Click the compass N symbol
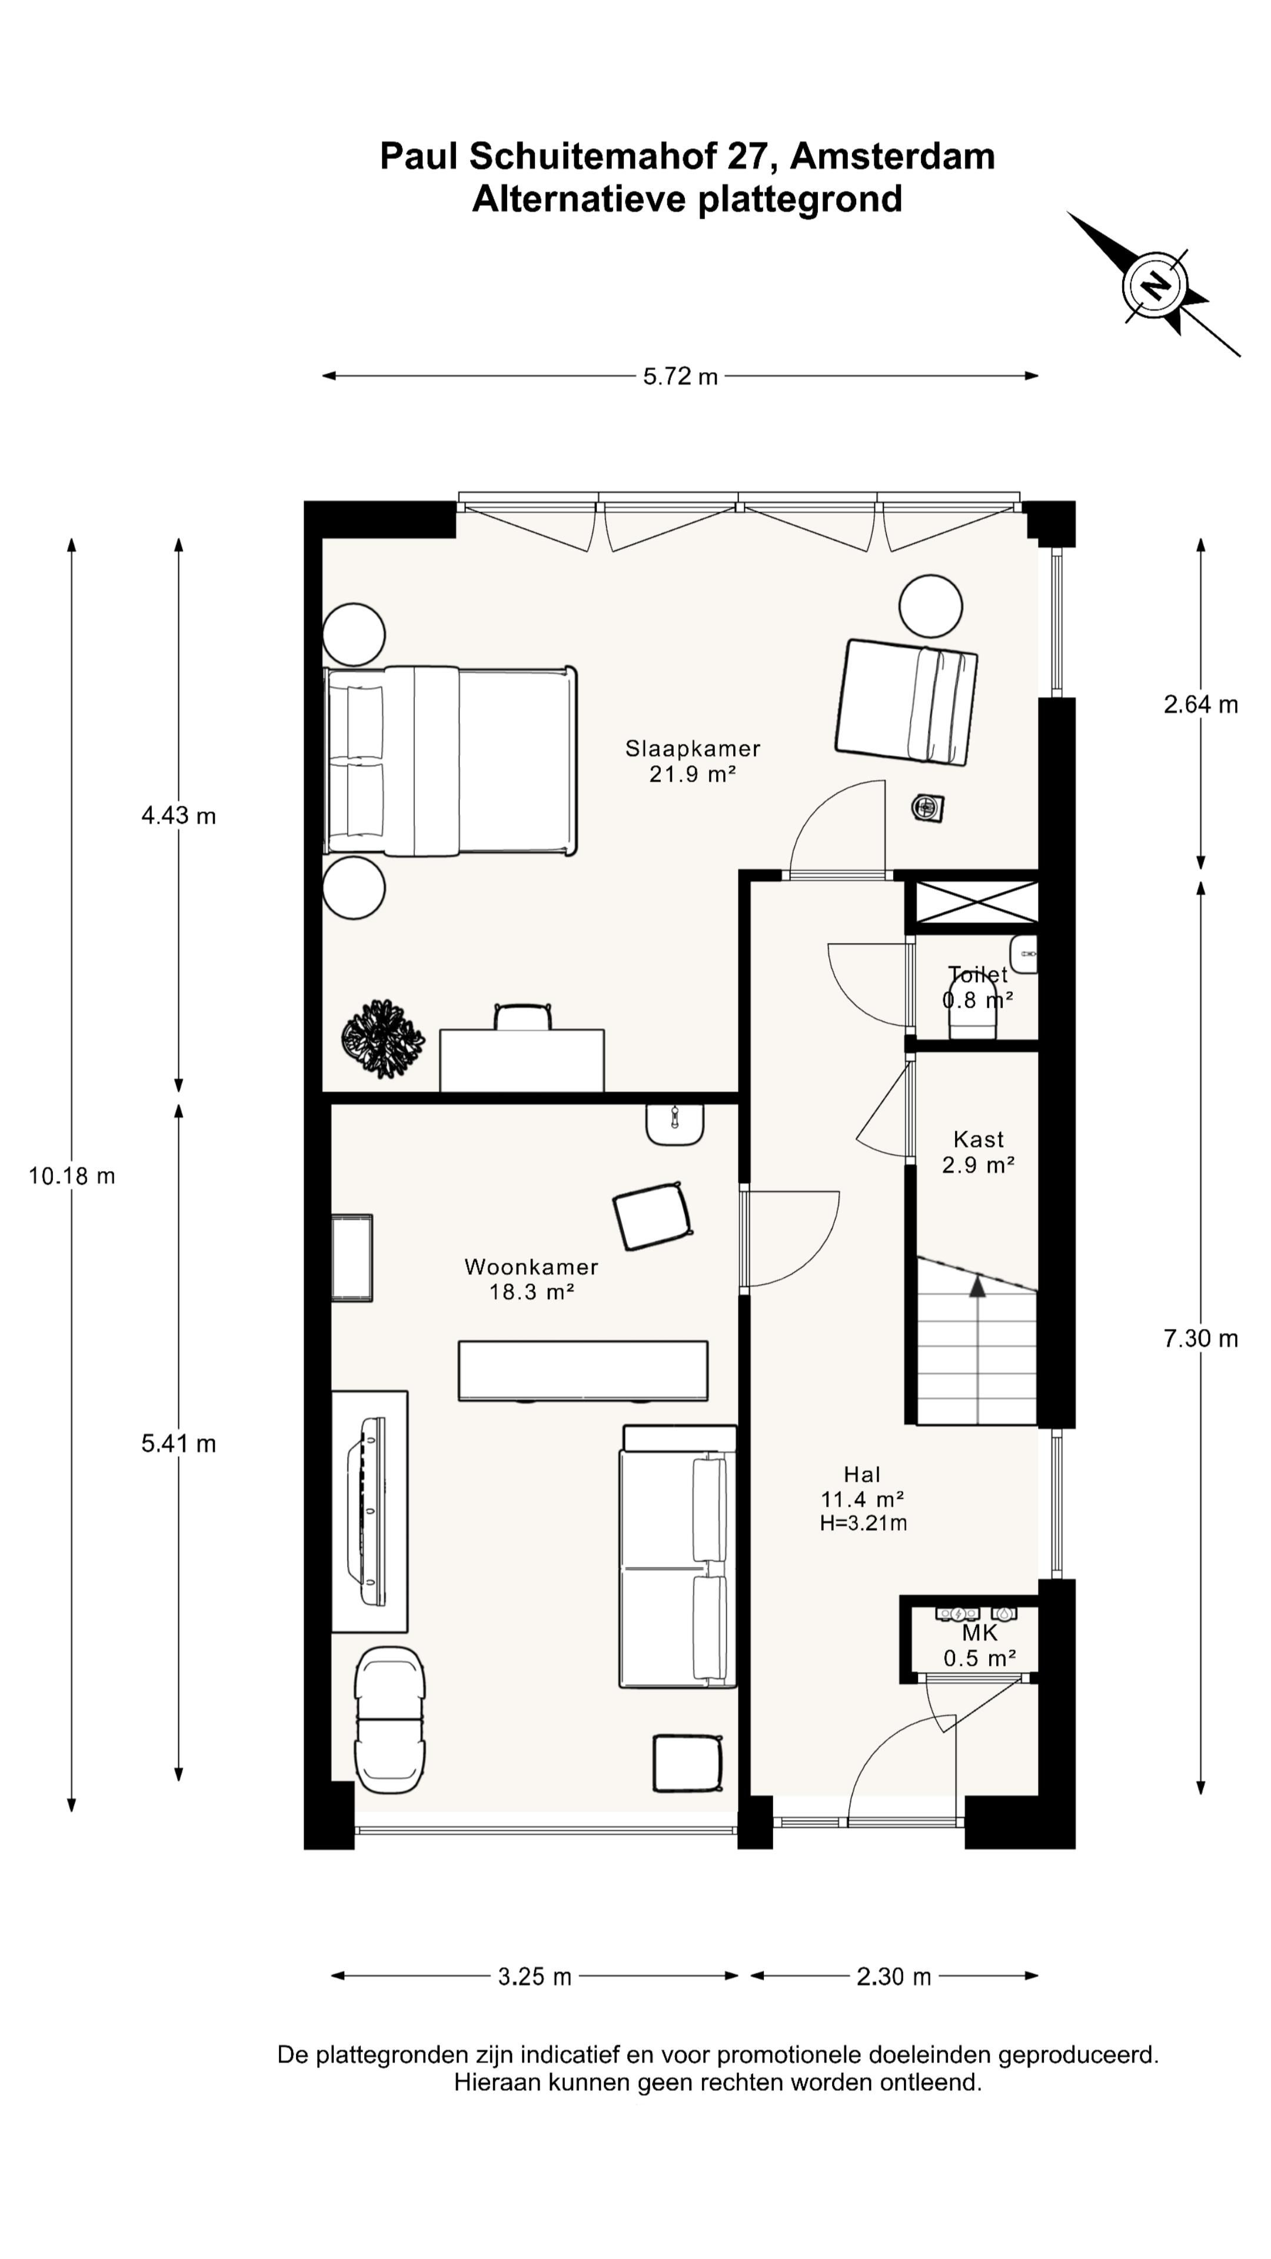pos(1154,285)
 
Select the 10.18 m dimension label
pos(72,1176)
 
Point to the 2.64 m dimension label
pos(1201,704)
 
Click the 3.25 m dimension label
pos(535,1977)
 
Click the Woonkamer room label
pos(531,1267)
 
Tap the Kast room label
pos(979,1139)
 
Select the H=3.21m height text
pos(863,1523)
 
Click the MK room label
pos(980,1633)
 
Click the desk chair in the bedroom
pos(523,1017)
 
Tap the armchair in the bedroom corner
pos(906,702)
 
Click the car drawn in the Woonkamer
pos(390,1720)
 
